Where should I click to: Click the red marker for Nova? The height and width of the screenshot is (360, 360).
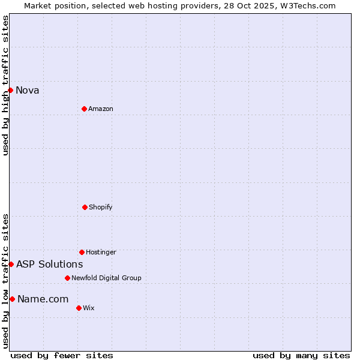(x=10, y=90)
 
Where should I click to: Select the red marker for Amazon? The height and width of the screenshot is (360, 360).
(x=84, y=109)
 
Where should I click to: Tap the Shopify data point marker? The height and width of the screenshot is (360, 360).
(x=85, y=207)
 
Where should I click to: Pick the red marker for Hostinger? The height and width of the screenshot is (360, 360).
(x=82, y=252)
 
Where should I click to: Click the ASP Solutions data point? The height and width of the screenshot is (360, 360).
(x=11, y=264)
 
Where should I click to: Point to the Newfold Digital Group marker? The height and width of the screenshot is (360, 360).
(x=67, y=278)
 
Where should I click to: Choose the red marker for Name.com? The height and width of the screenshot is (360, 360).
(x=12, y=299)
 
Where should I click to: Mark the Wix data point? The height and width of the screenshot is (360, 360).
(x=79, y=308)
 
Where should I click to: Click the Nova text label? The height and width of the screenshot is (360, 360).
(x=28, y=91)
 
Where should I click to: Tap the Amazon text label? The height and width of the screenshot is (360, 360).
(x=101, y=109)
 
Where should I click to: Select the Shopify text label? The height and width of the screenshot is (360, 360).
(x=101, y=208)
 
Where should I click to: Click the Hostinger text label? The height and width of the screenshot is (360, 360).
(x=101, y=253)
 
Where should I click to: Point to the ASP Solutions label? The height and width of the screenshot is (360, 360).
(x=50, y=265)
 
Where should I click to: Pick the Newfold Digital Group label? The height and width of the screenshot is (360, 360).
(x=106, y=278)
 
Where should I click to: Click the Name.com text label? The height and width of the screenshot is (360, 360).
(x=43, y=299)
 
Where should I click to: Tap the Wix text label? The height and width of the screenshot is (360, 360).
(x=89, y=308)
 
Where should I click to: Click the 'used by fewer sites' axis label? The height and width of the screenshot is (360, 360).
(x=62, y=355)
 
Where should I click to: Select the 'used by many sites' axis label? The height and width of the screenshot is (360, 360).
(x=301, y=355)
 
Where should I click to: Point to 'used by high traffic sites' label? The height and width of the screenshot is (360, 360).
(x=5, y=85)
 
